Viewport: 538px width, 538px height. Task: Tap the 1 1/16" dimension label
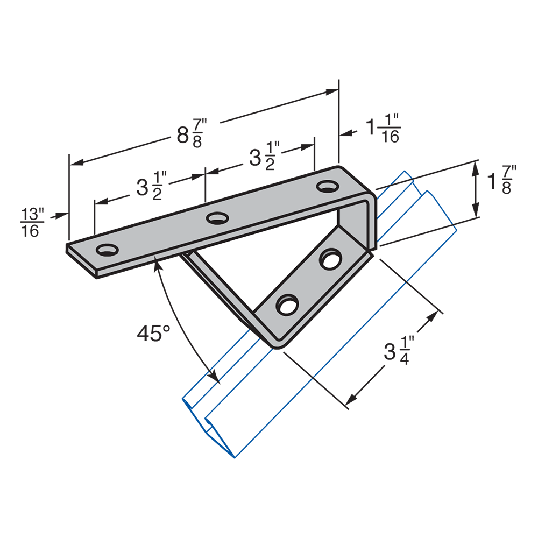383,129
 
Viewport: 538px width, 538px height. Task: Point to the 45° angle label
153,333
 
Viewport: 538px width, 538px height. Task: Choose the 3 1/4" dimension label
399,351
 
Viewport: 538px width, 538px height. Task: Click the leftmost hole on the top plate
107,250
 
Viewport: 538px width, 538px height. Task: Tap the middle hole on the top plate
217,218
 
